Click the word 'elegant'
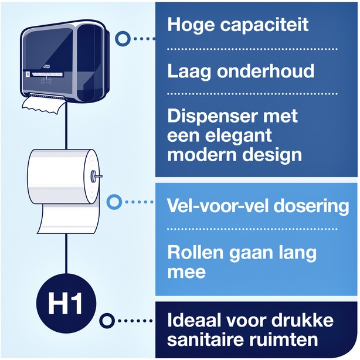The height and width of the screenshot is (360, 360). click(240, 135)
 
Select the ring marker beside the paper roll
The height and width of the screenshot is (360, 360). click(113, 202)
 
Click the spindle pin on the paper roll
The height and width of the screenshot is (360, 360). click(96, 175)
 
